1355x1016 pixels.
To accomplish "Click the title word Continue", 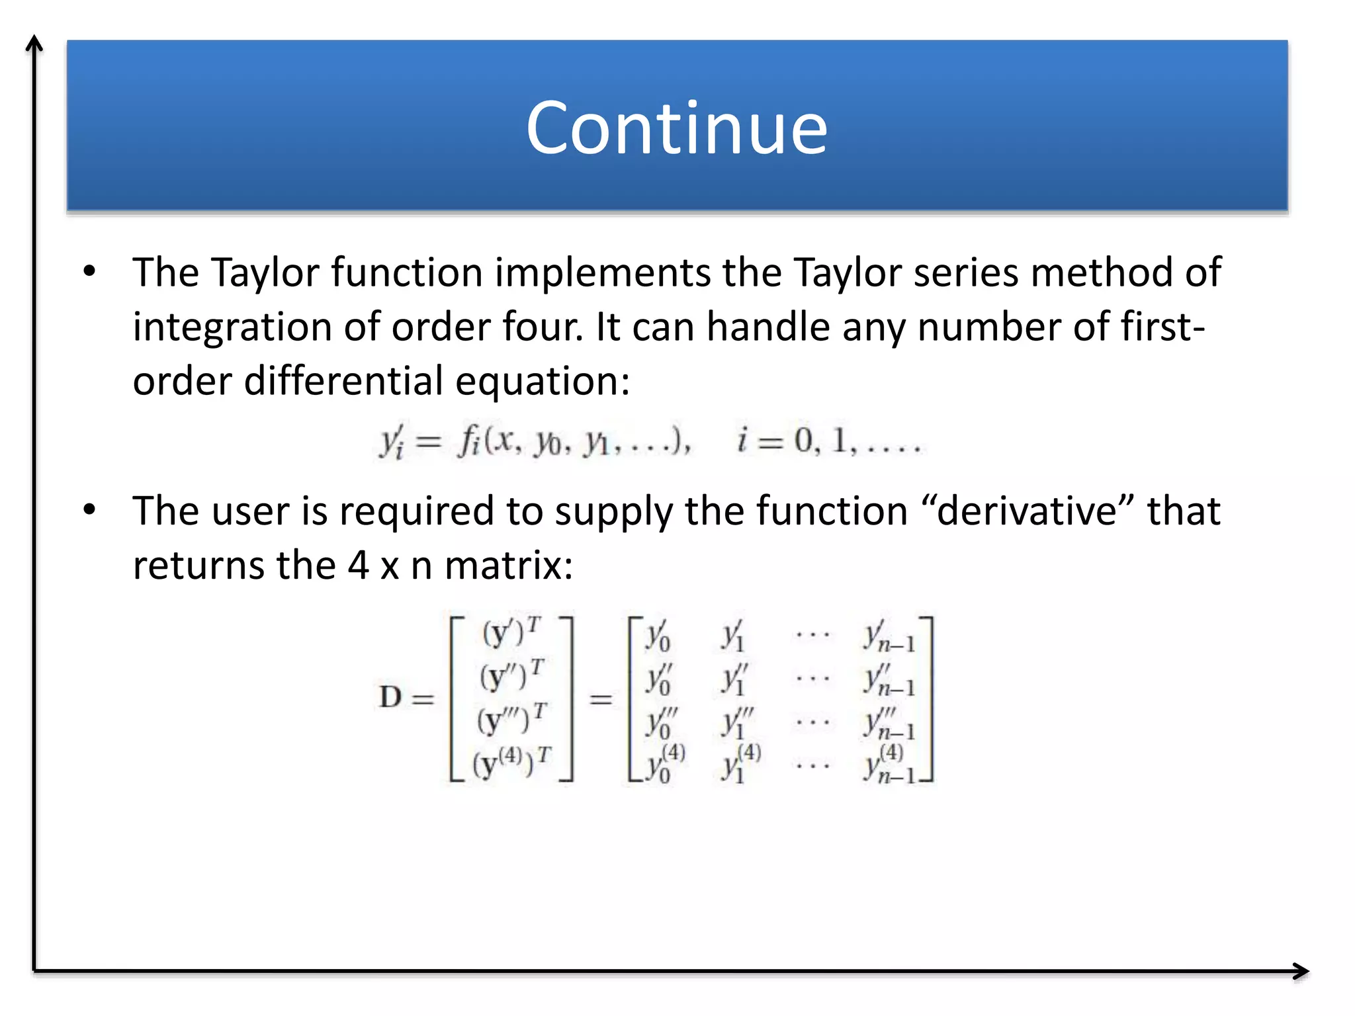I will (676, 127).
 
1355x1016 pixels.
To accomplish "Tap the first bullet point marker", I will (89, 271).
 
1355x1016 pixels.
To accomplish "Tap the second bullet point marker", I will (89, 510).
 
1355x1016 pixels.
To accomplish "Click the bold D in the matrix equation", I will (390, 697).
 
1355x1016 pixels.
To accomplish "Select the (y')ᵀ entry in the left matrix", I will (511, 632).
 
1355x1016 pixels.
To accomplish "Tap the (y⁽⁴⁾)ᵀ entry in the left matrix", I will (511, 763).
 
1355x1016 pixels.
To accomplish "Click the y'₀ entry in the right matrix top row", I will (658, 636).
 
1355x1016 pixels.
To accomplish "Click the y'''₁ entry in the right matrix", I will (736, 722).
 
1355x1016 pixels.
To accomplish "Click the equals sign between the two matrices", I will (601, 698).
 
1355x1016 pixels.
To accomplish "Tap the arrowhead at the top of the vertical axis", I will (34, 43).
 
